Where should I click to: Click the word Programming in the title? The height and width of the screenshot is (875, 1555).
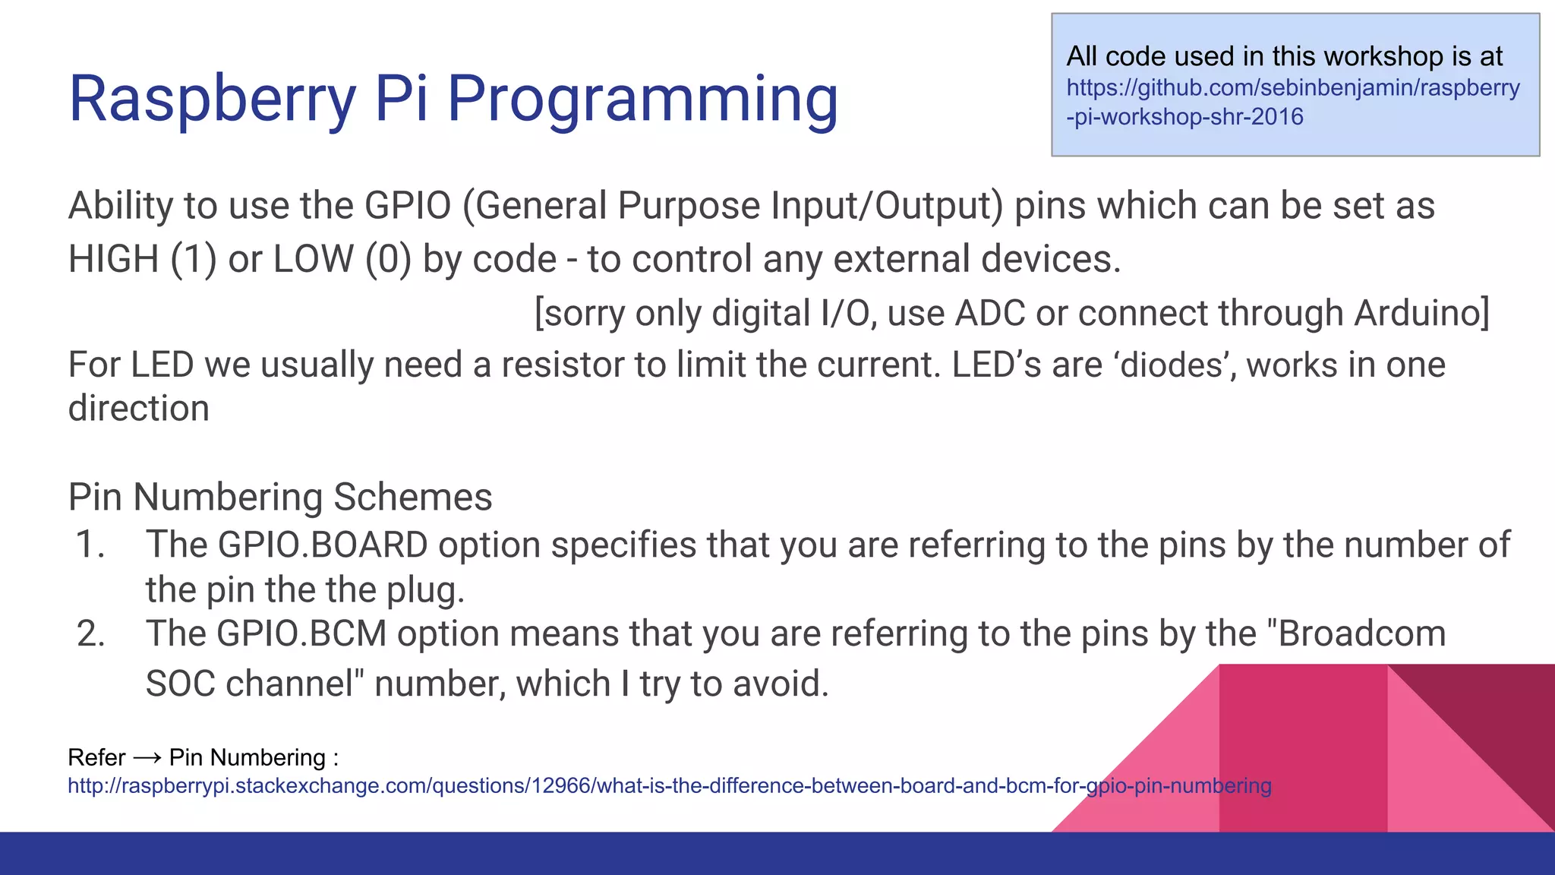pyautogui.click(x=642, y=99)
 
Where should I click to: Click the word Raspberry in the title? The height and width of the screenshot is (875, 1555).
pyautogui.click(x=213, y=99)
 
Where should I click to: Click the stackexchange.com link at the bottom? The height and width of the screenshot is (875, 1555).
pyautogui.click(x=668, y=785)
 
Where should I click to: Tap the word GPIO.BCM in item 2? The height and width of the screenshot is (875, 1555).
pyautogui.click(x=301, y=634)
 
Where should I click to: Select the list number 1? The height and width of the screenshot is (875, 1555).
pyautogui.click(x=90, y=545)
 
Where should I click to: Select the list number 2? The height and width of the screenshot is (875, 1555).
pyautogui.click(x=90, y=634)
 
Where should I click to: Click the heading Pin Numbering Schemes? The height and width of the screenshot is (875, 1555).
pyautogui.click(x=280, y=498)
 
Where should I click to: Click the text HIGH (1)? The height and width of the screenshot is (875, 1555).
pyautogui.click(x=142, y=259)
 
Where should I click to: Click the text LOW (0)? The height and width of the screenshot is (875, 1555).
pyautogui.click(x=342, y=259)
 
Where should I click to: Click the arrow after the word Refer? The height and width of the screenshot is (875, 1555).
pyautogui.click(x=147, y=758)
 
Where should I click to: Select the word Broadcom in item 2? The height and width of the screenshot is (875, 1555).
pyautogui.click(x=1361, y=634)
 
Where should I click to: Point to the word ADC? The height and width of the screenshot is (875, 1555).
pyautogui.click(x=989, y=313)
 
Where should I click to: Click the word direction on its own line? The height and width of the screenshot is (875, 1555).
pyautogui.click(x=138, y=409)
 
